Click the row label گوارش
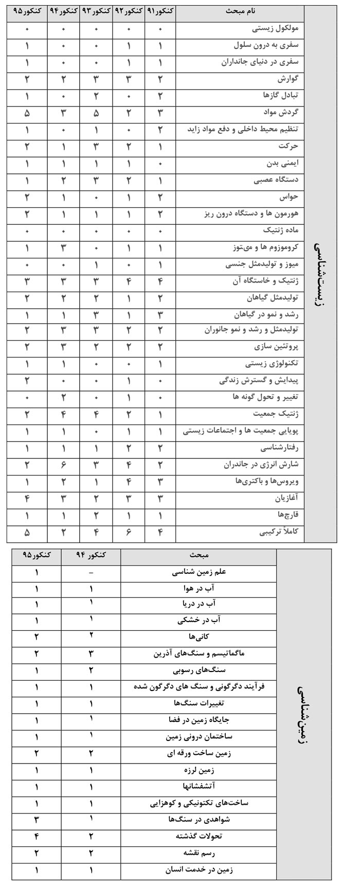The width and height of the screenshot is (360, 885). tap(287, 79)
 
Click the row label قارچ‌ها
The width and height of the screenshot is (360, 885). tap(287, 515)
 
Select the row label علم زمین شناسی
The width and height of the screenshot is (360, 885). tap(199, 572)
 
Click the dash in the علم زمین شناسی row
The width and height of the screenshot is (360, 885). tap(91, 572)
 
